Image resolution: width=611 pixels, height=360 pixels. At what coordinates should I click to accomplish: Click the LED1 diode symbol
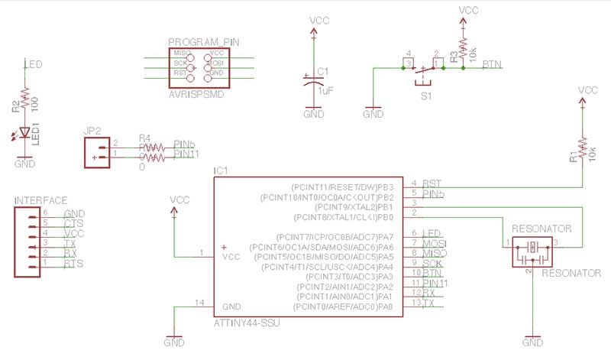click(x=24, y=133)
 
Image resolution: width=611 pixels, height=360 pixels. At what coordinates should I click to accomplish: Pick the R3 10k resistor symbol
click(x=463, y=49)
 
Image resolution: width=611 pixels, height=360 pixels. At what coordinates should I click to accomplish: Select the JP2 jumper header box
click(x=96, y=152)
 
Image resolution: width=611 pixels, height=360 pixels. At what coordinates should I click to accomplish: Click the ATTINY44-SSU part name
click(x=247, y=324)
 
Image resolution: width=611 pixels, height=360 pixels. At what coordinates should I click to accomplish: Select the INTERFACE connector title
click(x=41, y=200)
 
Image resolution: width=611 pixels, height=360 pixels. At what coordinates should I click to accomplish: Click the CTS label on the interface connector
click(x=74, y=223)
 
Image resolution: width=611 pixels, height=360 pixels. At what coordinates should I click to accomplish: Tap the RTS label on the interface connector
click(x=74, y=264)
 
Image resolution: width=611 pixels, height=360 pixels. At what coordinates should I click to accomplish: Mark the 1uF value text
click(x=325, y=90)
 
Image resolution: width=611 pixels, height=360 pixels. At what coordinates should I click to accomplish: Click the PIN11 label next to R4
click(x=187, y=154)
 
